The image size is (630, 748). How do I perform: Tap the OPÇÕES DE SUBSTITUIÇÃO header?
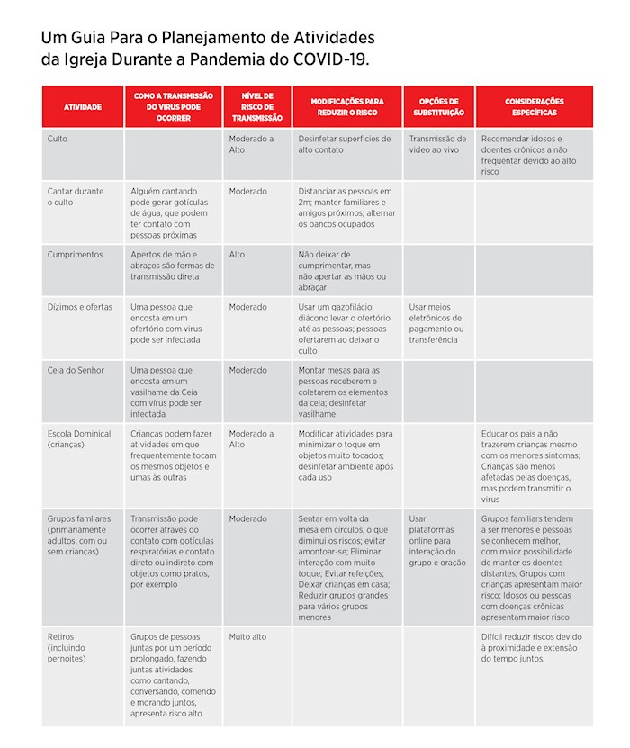tap(438, 107)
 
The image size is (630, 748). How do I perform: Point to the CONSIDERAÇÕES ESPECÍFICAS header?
tap(535, 107)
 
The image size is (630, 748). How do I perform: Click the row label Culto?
tap(58, 140)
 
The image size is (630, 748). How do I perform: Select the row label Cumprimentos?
tap(75, 255)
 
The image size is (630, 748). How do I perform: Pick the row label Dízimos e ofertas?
tap(80, 307)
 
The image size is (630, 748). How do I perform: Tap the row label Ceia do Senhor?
tap(76, 370)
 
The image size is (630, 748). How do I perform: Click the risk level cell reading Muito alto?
tap(247, 637)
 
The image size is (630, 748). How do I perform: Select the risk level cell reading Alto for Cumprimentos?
tap(237, 255)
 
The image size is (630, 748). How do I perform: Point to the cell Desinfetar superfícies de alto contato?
tap(345, 144)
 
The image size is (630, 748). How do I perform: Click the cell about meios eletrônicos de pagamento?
tap(436, 323)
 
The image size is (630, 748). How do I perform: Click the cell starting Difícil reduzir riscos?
tap(531, 647)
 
